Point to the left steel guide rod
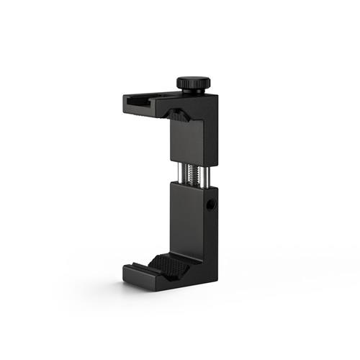point(176,174)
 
